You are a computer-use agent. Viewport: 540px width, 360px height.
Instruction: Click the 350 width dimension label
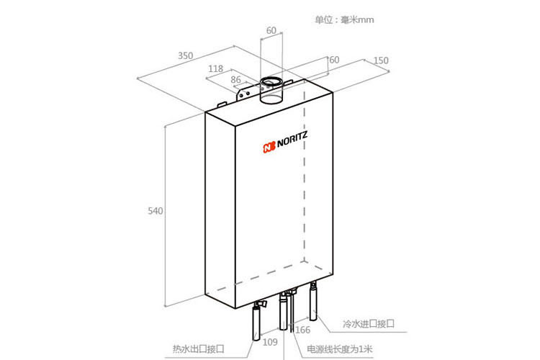point(185,55)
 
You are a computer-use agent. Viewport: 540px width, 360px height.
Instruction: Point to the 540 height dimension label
point(156,211)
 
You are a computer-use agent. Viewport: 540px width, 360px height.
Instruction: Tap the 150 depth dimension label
point(381,60)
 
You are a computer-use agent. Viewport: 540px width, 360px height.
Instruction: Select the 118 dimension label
point(215,69)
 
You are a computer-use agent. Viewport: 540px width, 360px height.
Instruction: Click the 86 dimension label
point(235,80)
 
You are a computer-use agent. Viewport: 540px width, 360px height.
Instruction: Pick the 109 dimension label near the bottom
point(270,342)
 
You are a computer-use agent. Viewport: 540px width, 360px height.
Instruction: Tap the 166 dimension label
point(302,330)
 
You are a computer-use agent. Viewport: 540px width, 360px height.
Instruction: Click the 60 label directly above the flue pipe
point(271,31)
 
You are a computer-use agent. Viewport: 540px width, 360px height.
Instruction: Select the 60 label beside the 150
point(334,60)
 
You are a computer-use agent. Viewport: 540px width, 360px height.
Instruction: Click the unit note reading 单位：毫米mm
point(344,19)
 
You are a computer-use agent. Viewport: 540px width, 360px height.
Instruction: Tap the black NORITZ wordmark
point(292,140)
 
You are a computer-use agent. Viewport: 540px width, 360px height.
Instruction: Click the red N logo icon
point(269,147)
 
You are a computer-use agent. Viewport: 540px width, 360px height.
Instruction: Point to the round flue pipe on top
point(271,90)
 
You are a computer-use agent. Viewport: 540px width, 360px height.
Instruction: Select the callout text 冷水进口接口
point(369,324)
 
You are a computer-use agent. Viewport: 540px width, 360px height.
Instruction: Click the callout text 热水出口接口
point(199,349)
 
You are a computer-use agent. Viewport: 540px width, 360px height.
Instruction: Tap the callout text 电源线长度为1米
point(340,349)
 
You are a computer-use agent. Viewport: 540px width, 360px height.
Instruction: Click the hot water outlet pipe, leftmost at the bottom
point(256,322)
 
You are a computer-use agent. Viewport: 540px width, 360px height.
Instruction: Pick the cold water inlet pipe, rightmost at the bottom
point(313,302)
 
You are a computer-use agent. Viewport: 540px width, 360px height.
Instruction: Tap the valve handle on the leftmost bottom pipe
point(263,304)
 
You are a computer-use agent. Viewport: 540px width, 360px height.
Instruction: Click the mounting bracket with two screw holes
point(246,93)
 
